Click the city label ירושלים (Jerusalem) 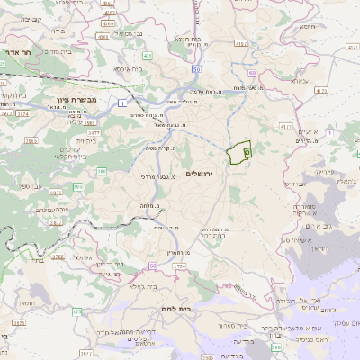202,173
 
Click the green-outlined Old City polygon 238,154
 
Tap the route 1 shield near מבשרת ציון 121,103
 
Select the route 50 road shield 196,68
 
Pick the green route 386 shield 102,170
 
